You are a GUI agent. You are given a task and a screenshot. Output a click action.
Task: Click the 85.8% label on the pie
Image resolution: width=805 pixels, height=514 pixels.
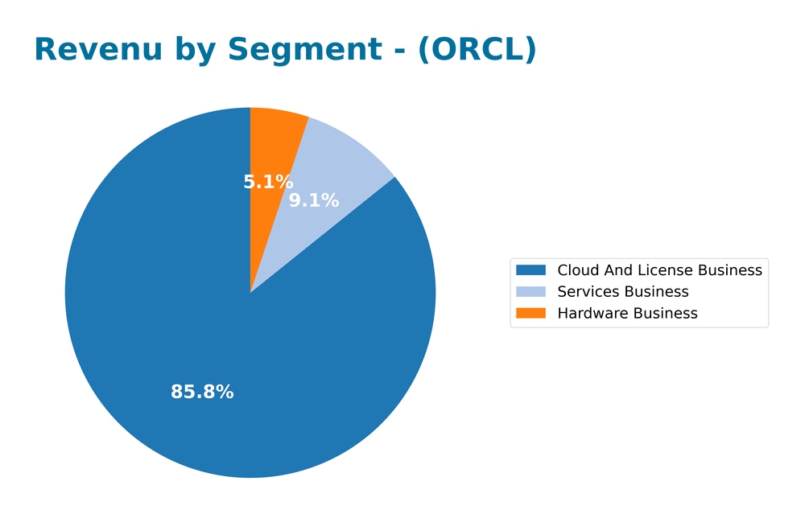click(x=202, y=393)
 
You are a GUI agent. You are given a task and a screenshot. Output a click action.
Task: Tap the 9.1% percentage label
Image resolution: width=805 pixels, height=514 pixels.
click(x=314, y=201)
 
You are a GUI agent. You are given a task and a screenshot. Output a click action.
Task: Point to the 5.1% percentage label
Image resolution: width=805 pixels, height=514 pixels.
click(x=268, y=183)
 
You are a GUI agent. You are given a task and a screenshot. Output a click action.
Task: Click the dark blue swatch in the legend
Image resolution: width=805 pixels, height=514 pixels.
click(x=530, y=270)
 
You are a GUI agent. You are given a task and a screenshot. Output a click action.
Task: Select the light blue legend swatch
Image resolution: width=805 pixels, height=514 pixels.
click(x=530, y=292)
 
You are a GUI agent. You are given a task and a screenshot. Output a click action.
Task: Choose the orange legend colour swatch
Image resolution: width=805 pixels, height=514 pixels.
click(x=530, y=313)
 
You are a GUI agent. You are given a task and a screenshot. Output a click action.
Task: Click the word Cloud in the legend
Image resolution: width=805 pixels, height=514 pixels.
click(x=576, y=270)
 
